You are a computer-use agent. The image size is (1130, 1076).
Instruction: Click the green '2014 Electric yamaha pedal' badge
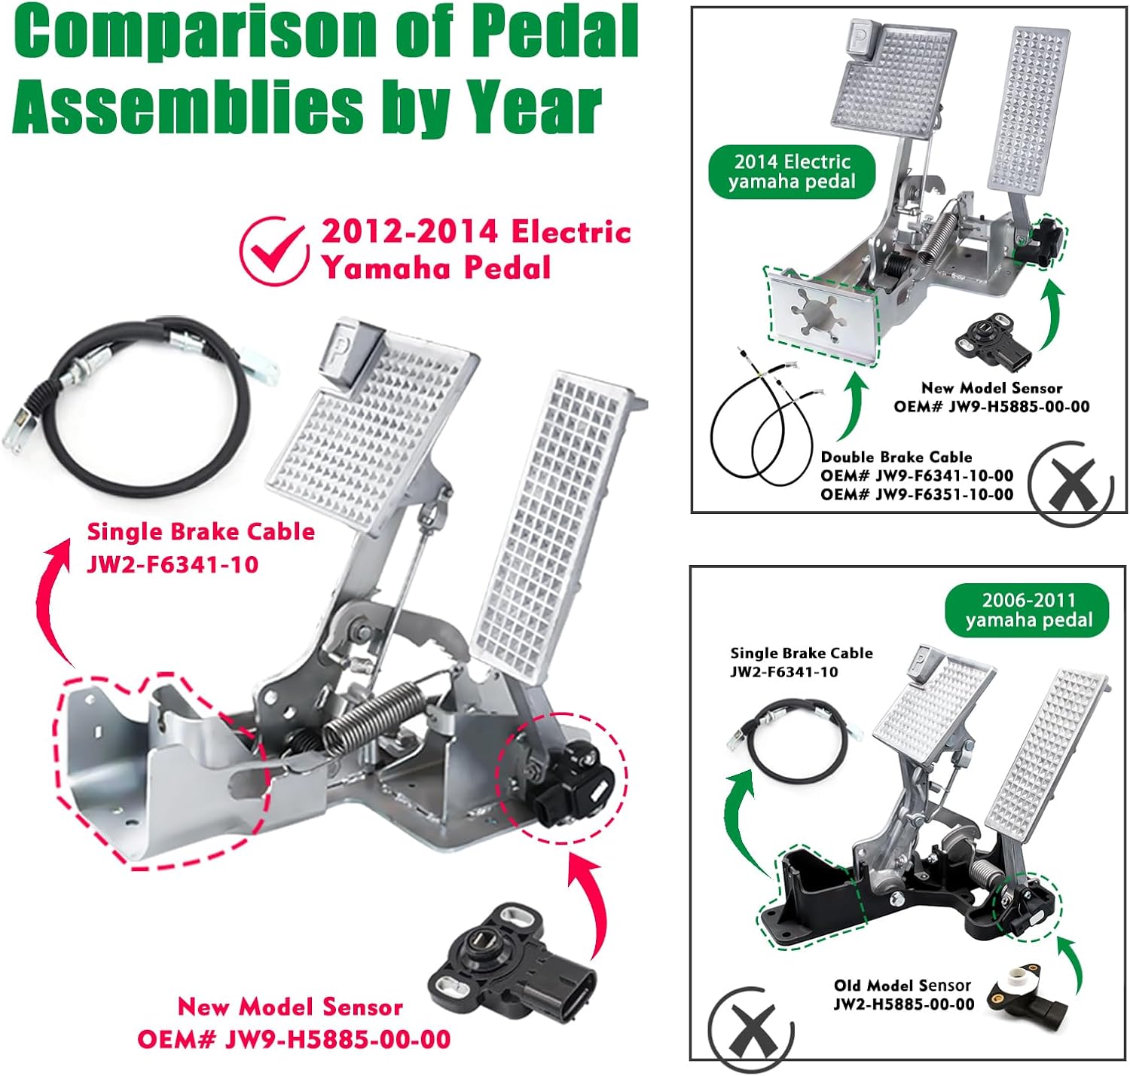point(792,172)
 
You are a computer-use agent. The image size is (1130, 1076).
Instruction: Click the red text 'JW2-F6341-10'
point(173,564)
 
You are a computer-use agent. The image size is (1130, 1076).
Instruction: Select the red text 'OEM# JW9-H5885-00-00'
point(294,1040)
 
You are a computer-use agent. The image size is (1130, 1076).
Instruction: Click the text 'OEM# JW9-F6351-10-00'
point(917,494)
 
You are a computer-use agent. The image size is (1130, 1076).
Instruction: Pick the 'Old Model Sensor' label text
point(902,986)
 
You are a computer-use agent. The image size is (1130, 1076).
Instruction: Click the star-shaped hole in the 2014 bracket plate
point(817,316)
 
